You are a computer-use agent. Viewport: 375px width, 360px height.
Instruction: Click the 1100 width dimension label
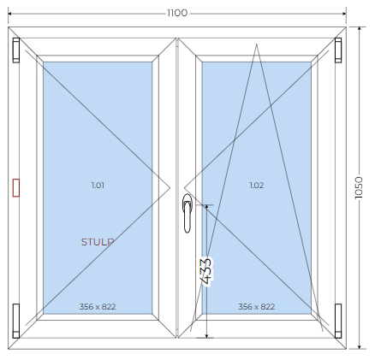177,13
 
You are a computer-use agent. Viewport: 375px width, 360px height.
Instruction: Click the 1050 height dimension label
359,187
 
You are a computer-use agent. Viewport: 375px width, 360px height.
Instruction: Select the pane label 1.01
98,186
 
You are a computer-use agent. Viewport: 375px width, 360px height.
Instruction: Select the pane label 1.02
257,186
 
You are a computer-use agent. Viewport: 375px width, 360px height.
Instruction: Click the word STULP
98,242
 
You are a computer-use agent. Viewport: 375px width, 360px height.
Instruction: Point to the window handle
187,213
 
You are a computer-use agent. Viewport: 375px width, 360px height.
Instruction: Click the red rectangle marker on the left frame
16,187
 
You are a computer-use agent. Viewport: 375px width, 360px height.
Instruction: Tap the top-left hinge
16,50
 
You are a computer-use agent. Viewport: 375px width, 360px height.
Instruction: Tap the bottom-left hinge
16,321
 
